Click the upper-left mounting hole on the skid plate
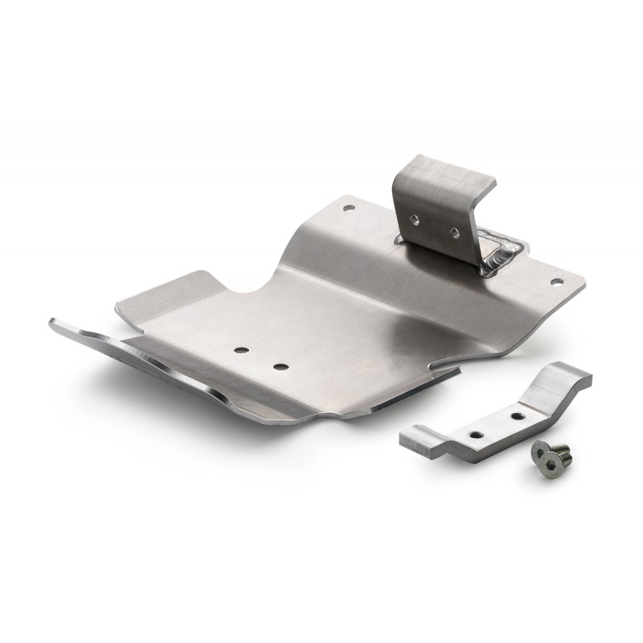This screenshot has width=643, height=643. pos(347,207)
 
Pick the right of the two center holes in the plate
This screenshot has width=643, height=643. pos(280,367)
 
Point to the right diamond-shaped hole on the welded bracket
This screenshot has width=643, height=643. pos(455,231)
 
